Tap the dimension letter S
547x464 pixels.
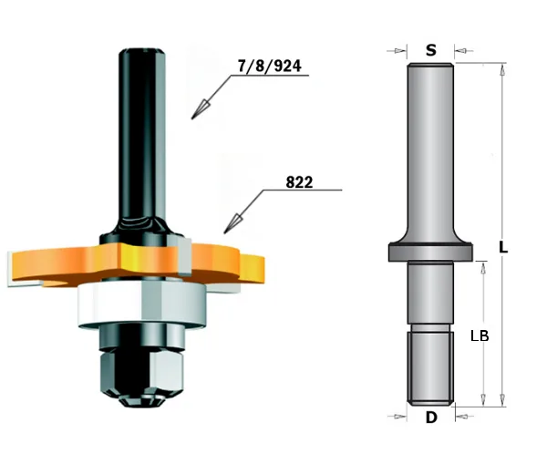[429, 50]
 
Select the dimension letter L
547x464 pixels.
[504, 247]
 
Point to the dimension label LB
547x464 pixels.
[480, 335]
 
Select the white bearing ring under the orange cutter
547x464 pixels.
[137, 301]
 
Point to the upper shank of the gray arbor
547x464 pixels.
[428, 146]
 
